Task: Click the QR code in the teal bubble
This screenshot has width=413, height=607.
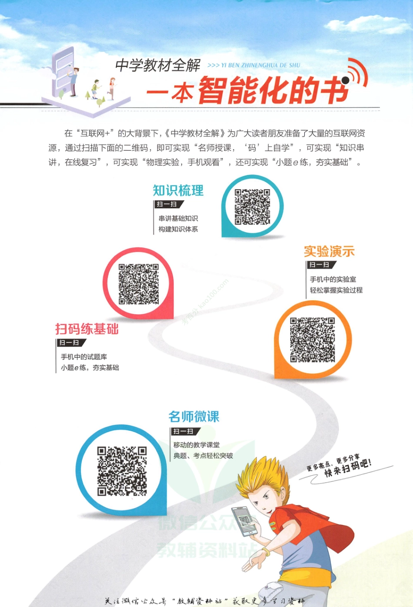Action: [252, 207]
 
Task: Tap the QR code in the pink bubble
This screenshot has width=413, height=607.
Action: [139, 284]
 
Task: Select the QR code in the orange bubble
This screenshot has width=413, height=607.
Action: [312, 340]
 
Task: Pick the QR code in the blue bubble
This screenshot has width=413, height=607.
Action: [122, 471]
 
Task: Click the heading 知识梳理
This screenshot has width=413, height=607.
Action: [178, 191]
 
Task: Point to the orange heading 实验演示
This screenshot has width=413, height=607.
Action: [329, 252]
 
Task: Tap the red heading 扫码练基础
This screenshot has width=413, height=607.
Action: [87, 329]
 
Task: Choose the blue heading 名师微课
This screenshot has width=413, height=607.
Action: [194, 417]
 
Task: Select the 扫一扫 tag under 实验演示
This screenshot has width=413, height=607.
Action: [320, 265]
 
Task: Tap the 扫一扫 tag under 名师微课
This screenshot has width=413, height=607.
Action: [184, 431]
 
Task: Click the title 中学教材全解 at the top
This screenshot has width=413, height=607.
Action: [158, 66]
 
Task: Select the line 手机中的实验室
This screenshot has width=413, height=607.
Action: [333, 279]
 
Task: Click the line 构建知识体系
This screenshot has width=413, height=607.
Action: [178, 229]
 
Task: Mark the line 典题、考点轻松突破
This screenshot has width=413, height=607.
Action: [203, 456]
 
